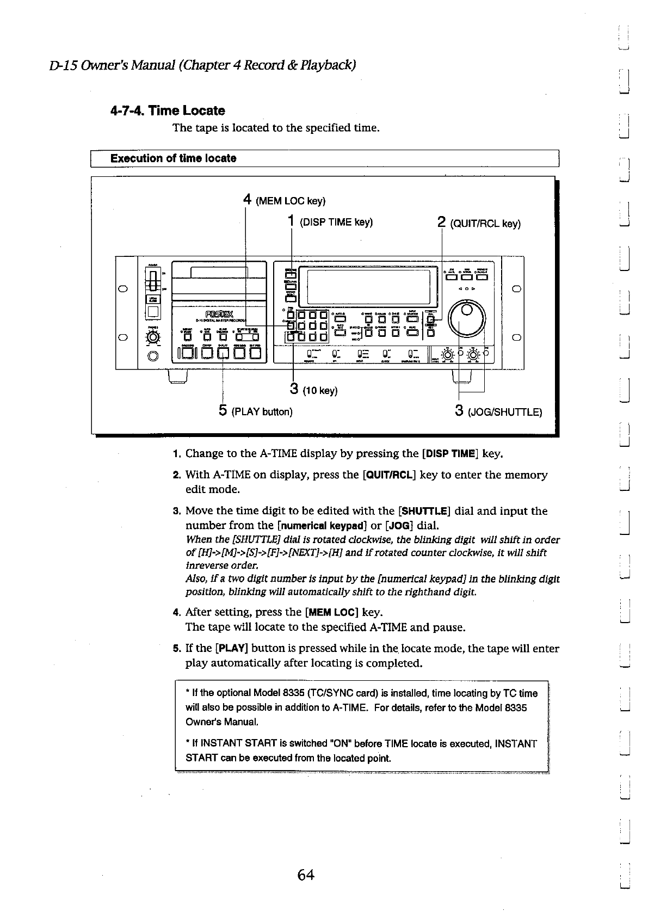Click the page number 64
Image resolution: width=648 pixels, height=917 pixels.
(306, 875)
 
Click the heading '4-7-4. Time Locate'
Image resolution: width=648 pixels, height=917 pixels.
(167, 111)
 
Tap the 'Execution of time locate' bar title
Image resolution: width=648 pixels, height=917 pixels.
(173, 158)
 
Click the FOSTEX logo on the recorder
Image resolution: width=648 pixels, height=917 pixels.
(219, 313)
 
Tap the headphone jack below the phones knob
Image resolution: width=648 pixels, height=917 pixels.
(153, 356)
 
